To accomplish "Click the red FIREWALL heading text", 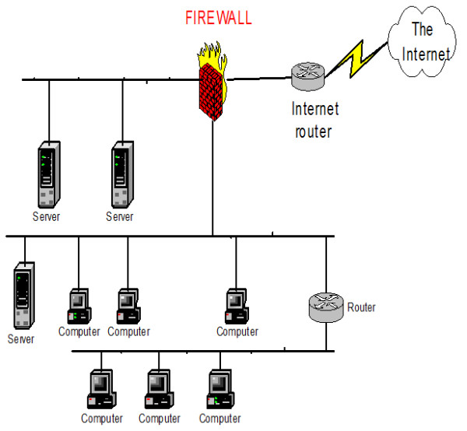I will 217,18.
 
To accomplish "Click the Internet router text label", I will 311,119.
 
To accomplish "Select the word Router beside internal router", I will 361,308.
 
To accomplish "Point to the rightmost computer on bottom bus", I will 219,390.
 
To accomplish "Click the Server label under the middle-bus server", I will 22,340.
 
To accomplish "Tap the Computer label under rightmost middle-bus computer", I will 237,332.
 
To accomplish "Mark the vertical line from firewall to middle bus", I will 212,179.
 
